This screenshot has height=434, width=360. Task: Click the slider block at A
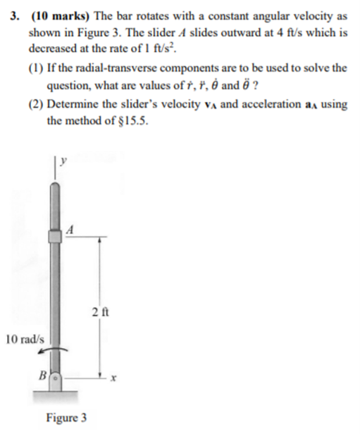click(55, 236)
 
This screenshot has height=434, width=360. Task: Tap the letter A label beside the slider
click(70, 228)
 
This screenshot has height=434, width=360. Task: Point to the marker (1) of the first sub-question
click(36, 68)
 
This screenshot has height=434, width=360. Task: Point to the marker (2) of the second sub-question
click(36, 105)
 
